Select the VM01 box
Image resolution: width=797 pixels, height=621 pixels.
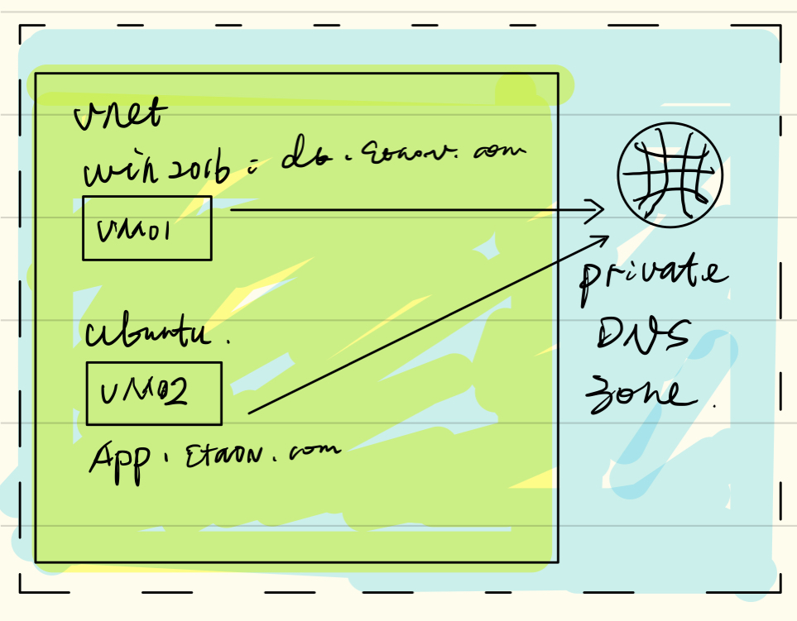146,228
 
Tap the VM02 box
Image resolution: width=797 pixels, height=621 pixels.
154,393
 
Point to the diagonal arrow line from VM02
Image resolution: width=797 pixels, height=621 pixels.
422,327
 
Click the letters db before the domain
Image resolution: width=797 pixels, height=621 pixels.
297,159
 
